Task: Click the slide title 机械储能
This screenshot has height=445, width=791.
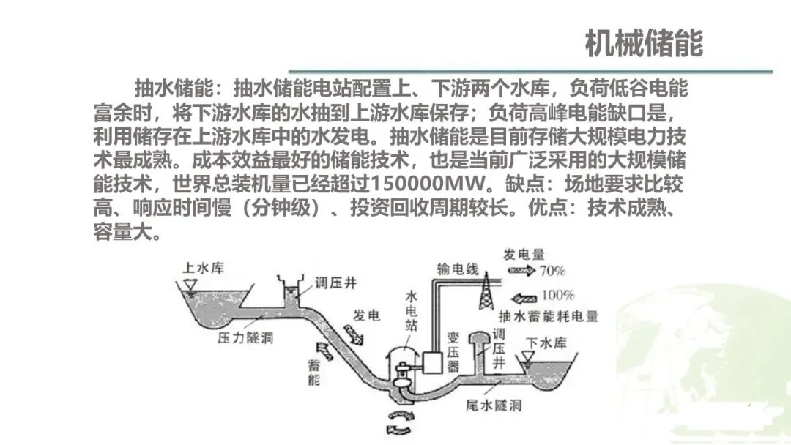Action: point(644,44)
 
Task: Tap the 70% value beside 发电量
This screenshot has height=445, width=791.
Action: point(552,271)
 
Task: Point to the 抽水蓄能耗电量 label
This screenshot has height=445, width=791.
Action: point(548,317)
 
